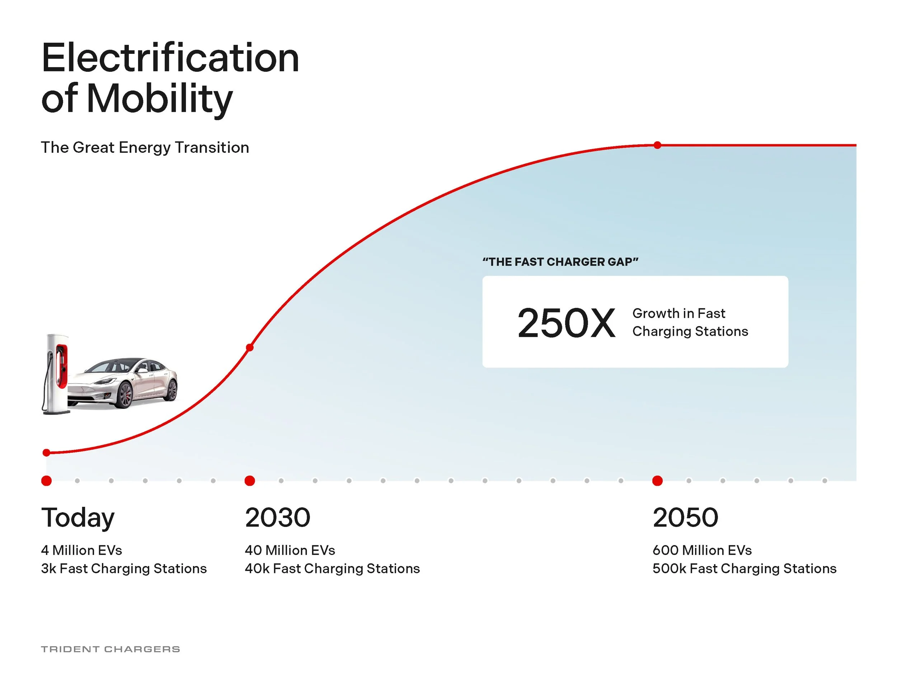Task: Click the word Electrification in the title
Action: [170, 58]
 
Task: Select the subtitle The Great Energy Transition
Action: [145, 147]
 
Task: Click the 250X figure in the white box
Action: [566, 324]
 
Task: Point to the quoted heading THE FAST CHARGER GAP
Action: [560, 262]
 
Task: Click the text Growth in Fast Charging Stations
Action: [690, 322]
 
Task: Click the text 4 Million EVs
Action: [81, 550]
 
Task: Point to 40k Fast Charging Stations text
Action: [332, 569]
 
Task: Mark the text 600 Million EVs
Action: [702, 550]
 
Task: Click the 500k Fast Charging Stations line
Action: [744, 569]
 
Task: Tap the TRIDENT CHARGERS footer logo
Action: [111, 649]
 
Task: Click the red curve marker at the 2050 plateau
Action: [657, 145]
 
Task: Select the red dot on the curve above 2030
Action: [250, 348]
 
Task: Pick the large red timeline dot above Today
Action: [46, 481]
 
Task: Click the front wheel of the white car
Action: [124, 395]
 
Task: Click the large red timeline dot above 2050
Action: [657, 481]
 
